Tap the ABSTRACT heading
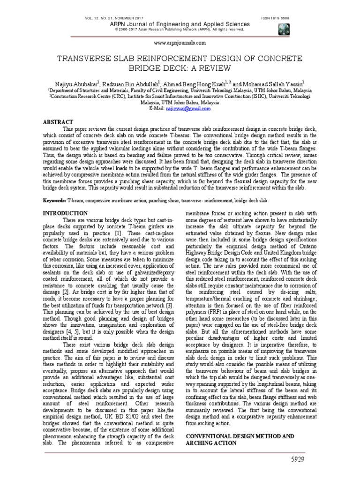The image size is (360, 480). (x=58, y=121)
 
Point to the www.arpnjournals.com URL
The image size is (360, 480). (x=180, y=43)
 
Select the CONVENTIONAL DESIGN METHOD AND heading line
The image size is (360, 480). (x=240, y=436)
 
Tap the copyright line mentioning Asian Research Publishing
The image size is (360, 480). (x=180, y=30)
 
